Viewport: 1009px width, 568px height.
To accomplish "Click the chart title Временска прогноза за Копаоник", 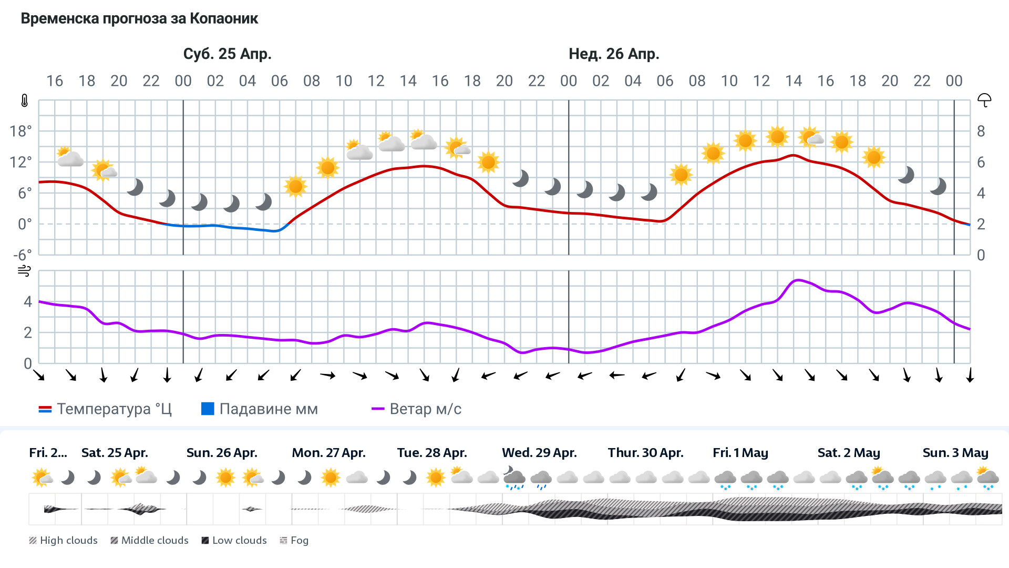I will [x=139, y=19].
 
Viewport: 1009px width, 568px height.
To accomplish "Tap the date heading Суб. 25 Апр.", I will [x=227, y=54].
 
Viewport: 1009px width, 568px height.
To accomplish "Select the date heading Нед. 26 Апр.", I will [x=614, y=54].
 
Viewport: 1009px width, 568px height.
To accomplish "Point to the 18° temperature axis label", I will [x=21, y=131].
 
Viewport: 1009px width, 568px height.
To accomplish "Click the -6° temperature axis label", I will [x=22, y=255].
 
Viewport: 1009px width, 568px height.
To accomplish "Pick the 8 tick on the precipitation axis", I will [x=981, y=131].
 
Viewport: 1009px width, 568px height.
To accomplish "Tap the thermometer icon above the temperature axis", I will [x=24, y=100].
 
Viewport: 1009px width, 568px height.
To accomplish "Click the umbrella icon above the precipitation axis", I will [x=984, y=100].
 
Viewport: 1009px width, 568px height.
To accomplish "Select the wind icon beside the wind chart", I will [x=24, y=271].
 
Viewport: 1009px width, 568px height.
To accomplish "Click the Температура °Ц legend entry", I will [x=105, y=409].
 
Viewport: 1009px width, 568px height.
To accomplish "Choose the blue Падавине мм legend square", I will [x=208, y=409].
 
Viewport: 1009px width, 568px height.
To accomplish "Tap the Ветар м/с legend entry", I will [x=416, y=409].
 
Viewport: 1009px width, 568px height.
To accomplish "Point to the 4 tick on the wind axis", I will [x=28, y=301].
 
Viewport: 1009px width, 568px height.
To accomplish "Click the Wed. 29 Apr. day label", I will [x=539, y=453].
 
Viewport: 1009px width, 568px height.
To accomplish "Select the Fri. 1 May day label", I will [x=740, y=453].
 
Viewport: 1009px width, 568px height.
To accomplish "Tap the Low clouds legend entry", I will [x=234, y=541].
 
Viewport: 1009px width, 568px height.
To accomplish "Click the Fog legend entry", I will [x=294, y=541].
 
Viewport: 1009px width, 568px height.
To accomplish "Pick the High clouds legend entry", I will [x=64, y=541].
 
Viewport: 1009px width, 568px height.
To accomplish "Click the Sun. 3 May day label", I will [x=955, y=453].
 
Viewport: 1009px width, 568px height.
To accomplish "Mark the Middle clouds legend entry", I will [x=150, y=541].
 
